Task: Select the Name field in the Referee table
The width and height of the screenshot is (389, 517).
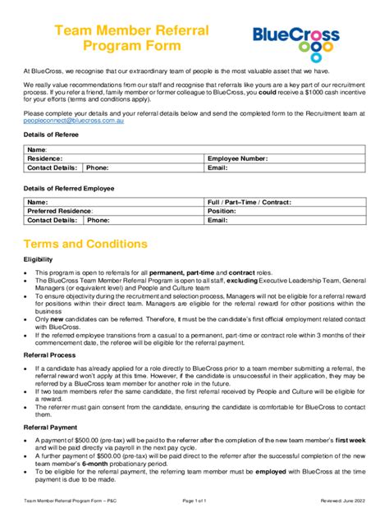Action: (115, 149)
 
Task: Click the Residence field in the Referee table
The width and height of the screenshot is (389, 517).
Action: (115, 158)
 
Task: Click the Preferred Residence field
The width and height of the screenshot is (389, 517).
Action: (115, 211)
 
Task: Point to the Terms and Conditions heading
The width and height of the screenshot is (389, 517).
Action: (85, 245)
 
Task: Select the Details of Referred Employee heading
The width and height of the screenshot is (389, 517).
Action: (69, 189)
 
